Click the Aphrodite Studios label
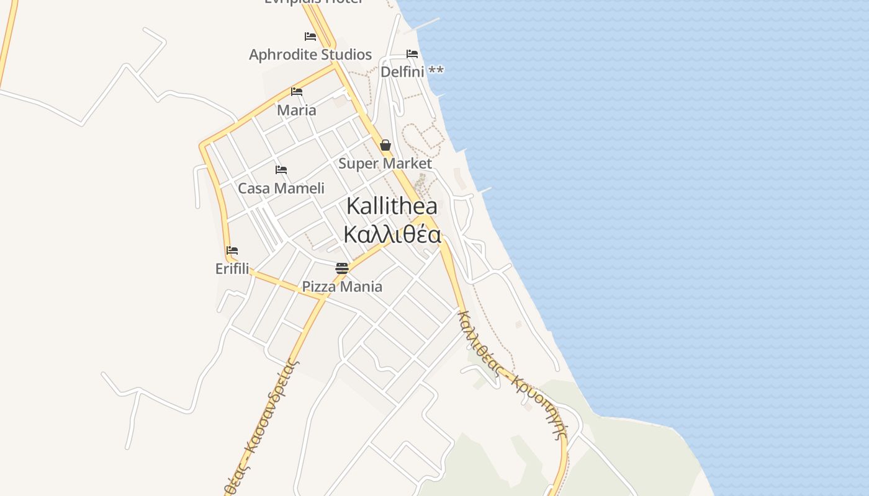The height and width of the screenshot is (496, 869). (310, 55)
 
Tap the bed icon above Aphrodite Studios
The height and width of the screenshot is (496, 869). (310, 37)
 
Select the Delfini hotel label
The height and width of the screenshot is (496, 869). (402, 72)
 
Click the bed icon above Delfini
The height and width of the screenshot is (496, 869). (412, 54)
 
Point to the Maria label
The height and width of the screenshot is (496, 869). (296, 110)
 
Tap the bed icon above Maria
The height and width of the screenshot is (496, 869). (297, 92)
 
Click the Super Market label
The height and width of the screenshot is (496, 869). (385, 164)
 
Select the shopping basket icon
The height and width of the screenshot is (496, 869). (385, 146)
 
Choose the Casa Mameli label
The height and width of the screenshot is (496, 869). (281, 188)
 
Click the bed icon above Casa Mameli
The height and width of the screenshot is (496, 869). (281, 170)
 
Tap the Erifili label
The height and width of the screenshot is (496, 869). (232, 269)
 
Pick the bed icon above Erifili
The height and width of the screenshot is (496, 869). (232, 250)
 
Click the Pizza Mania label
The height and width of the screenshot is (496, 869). (342, 286)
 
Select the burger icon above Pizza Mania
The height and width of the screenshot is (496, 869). (342, 268)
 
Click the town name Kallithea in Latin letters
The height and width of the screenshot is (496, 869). (392, 206)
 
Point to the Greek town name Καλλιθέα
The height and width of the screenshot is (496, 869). (392, 235)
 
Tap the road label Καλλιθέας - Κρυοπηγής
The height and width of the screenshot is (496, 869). (513, 374)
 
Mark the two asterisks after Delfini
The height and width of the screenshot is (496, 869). (436, 71)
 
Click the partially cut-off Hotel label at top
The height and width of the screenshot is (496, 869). (313, 2)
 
